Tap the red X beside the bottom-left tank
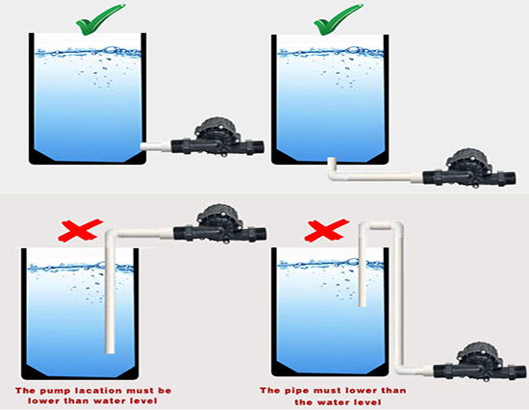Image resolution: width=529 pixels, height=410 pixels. [80, 230]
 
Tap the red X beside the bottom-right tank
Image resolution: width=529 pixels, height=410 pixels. [327, 230]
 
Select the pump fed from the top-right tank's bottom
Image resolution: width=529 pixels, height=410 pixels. [469, 168]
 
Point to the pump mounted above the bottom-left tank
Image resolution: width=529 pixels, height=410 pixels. [220, 224]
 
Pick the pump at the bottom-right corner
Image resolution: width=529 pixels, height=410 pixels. [480, 363]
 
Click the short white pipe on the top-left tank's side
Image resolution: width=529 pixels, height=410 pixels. [156, 147]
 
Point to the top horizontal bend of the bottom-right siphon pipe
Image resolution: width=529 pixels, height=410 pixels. [381, 225]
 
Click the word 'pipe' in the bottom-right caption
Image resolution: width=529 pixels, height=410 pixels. [297, 391]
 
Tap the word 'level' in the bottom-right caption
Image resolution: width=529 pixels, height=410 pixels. [366, 402]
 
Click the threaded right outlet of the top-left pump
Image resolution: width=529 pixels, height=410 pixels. [259, 147]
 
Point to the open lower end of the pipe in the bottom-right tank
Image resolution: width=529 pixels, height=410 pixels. [363, 304]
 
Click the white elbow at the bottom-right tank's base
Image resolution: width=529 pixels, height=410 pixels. [400, 369]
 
